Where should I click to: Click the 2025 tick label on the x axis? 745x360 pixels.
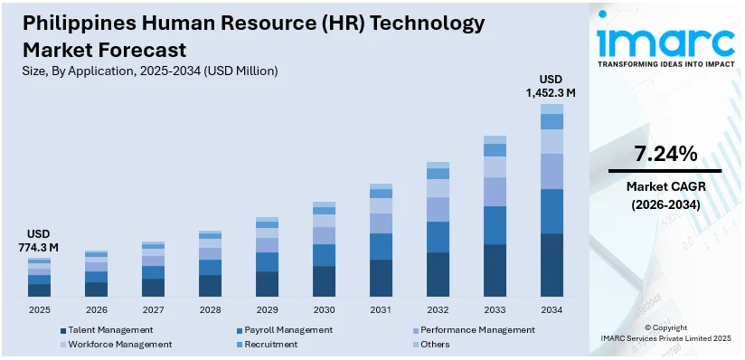(39, 309)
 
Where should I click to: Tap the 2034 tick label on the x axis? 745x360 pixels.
(552, 309)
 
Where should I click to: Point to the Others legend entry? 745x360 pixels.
(435, 345)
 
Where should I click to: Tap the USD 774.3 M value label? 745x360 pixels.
(39, 240)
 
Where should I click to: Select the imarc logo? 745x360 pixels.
(666, 45)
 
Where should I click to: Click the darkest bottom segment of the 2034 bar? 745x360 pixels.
(552, 264)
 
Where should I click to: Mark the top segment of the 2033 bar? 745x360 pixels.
(495, 139)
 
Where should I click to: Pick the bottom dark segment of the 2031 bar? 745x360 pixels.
(381, 278)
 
